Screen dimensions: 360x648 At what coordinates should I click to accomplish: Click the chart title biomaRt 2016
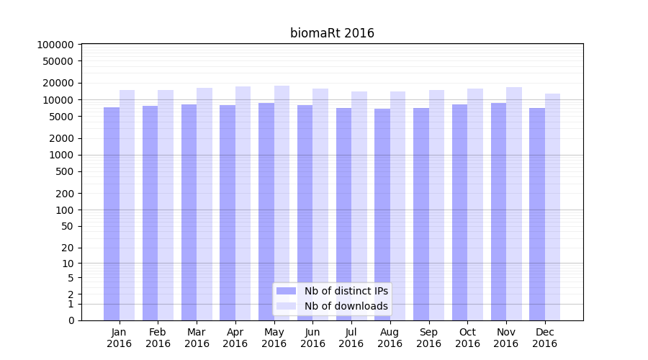click(332, 33)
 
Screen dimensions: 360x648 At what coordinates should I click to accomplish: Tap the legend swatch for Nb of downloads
click(286, 306)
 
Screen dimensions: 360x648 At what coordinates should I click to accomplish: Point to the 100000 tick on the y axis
click(55, 45)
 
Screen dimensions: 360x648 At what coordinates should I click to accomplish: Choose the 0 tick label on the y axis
click(71, 320)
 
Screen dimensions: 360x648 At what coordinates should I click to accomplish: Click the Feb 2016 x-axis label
click(158, 338)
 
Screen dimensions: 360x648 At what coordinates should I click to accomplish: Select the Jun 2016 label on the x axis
click(312, 338)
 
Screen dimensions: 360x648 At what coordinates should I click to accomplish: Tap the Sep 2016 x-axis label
click(428, 338)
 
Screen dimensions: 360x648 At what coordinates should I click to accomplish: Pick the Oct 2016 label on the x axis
click(467, 338)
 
